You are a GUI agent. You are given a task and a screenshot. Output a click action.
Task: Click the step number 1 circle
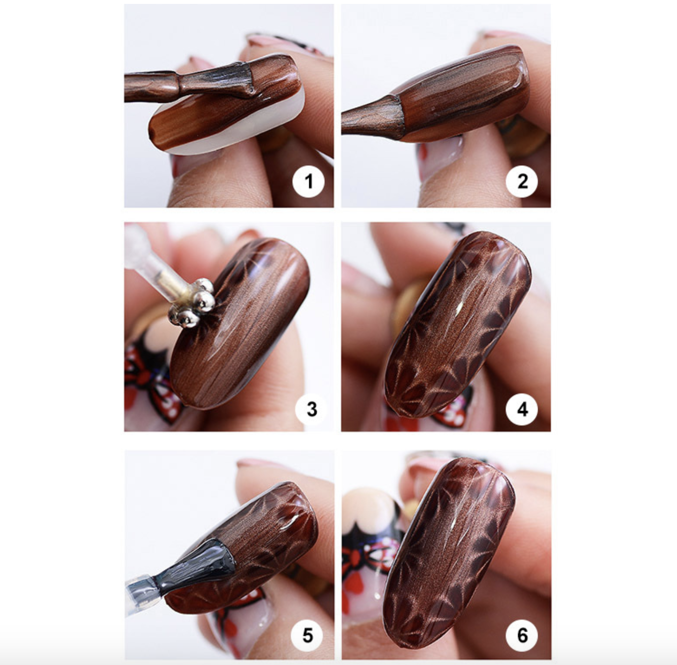pyautogui.click(x=308, y=181)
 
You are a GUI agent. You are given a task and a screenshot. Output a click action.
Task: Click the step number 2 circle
pyautogui.click(x=522, y=181)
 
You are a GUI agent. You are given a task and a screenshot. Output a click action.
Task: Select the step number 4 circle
pyautogui.click(x=522, y=409)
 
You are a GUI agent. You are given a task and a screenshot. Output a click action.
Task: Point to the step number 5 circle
pyautogui.click(x=307, y=635)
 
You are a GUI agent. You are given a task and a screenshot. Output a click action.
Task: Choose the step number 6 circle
pyautogui.click(x=522, y=635)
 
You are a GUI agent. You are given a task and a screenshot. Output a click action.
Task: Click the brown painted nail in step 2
pyautogui.click(x=464, y=93)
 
